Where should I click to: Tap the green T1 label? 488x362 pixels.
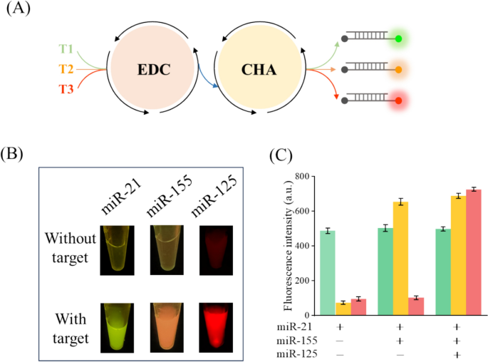[66, 49]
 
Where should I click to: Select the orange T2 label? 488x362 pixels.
[66, 69]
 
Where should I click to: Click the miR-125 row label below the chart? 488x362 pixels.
[298, 353]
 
